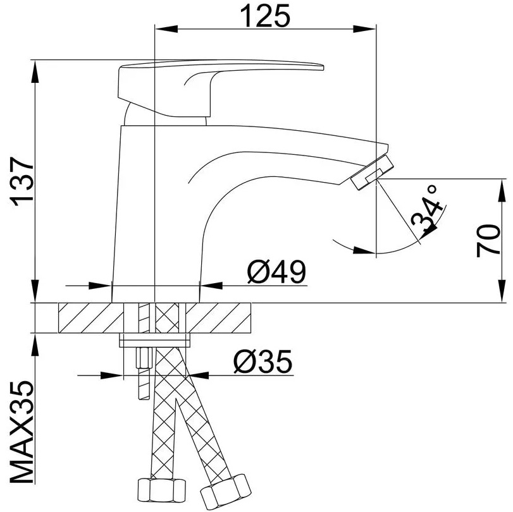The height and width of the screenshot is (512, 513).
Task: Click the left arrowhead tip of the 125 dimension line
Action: coord(155,29)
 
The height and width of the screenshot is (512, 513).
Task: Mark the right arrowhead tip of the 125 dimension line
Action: coord(376,29)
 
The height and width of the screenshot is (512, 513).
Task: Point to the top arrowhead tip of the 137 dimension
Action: coord(35,61)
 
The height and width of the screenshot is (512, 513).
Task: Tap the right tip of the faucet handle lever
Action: coord(323,68)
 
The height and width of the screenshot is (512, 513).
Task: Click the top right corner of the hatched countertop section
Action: coord(250,303)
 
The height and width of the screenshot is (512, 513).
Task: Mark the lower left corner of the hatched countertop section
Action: coord(59,333)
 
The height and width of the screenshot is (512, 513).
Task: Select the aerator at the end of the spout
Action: coord(372,173)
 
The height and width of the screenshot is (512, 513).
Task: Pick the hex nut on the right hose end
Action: coord(225,491)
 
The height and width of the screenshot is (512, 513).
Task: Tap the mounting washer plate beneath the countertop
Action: coord(155,339)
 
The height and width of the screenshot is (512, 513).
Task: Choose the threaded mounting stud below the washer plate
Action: coord(144,374)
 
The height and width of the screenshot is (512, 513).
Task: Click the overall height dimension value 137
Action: coord(23,182)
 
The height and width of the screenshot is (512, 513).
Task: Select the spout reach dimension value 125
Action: coord(265,16)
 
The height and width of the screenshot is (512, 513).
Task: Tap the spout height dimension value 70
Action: coord(488,241)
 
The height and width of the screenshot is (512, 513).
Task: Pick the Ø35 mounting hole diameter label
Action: coord(263,362)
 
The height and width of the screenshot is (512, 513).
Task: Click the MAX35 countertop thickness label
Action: coord(22,432)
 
